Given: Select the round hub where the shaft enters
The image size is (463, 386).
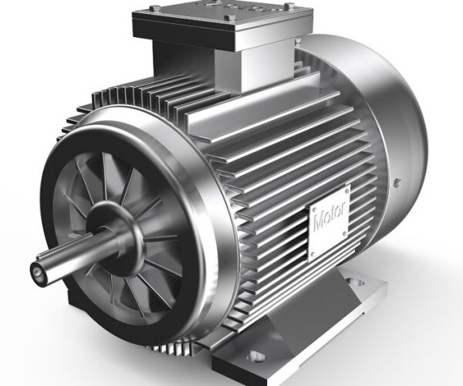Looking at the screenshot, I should click(116, 235).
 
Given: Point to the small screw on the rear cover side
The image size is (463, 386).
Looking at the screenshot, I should click(397, 183).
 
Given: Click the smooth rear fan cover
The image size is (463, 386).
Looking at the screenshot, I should click(386, 116).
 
